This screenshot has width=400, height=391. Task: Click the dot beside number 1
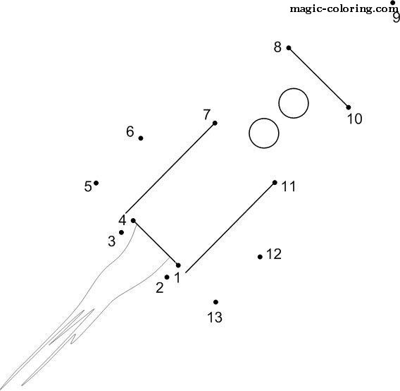point(178,265)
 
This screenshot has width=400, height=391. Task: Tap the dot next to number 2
point(167,277)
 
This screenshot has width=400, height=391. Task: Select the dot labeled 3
point(121,232)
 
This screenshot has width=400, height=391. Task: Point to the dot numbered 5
point(96,183)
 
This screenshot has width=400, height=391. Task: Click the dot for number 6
point(141,138)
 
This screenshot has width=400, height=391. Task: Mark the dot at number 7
point(215,123)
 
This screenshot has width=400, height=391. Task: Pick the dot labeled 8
point(289,48)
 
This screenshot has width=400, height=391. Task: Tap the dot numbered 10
point(348,107)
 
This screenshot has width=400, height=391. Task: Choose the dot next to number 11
point(275,183)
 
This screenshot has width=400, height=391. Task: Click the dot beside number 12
point(260,257)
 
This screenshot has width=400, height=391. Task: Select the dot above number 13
point(215,302)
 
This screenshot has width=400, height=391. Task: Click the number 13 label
point(215,318)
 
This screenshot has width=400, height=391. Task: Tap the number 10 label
point(355,119)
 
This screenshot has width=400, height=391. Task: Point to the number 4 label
point(123,220)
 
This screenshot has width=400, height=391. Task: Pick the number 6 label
point(130,132)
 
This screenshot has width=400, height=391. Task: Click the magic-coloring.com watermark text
point(344,9)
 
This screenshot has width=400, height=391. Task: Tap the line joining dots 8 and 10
point(318,78)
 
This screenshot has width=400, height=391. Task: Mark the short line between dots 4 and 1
point(156,243)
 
